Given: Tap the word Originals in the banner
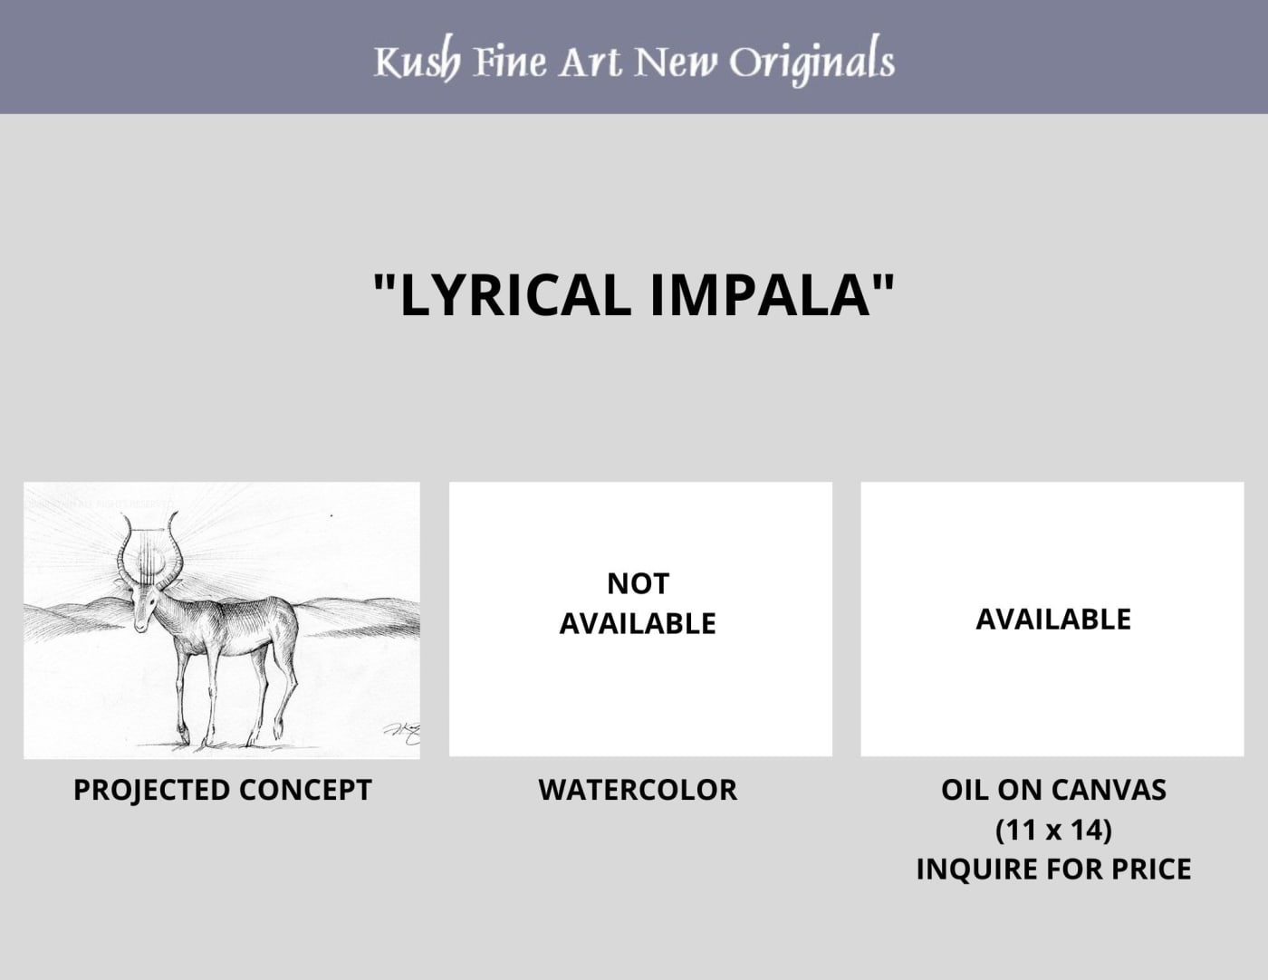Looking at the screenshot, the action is point(812,61).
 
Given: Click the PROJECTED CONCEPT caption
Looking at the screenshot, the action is point(222,791).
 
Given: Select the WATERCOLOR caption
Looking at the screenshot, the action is point(638,791).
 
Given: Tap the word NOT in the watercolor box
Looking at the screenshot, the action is point(638,583).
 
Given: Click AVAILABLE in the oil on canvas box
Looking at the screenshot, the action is point(1053,619).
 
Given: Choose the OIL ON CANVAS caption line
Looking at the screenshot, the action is point(1053,791).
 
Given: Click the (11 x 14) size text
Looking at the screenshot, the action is point(1053,830).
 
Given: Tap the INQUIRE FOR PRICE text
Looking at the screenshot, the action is point(1053,870).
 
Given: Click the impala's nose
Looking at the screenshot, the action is point(140,627).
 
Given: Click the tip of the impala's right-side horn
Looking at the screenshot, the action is point(175,514).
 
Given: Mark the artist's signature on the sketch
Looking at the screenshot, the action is point(403,734).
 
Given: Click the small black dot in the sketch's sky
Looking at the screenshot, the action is point(331,515).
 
